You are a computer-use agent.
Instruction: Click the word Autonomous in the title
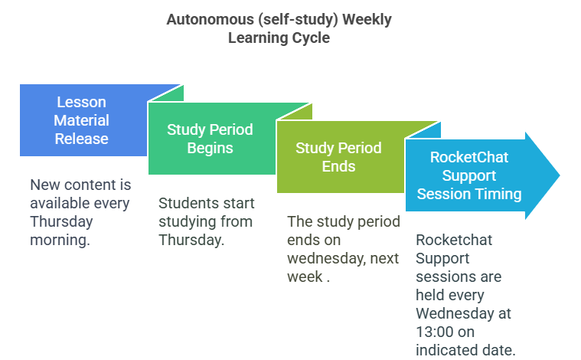click(210, 19)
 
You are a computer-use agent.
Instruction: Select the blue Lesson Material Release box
click(83, 120)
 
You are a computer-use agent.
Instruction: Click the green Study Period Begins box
click(212, 139)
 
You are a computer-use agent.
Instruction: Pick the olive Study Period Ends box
click(341, 157)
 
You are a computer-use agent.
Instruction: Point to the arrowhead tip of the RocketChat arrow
click(560, 175)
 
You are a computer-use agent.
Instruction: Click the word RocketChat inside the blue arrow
click(469, 157)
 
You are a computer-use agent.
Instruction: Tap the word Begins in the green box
click(210, 149)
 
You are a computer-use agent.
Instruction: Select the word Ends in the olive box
click(338, 166)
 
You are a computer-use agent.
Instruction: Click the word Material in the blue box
click(81, 120)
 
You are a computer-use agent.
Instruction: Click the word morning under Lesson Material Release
click(60, 241)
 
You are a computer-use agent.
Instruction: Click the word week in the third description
click(305, 277)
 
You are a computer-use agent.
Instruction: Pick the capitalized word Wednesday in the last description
click(453, 313)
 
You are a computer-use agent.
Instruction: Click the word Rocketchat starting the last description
click(454, 240)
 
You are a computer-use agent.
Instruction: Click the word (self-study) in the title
click(299, 20)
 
